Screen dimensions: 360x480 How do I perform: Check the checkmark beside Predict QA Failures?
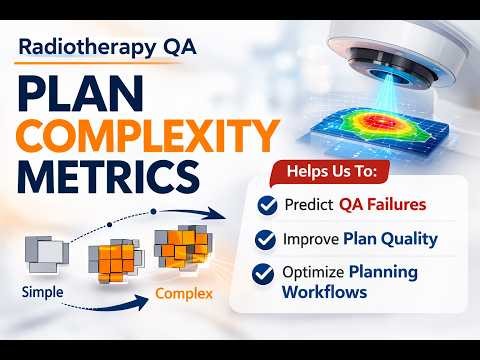pyautogui.click(x=267, y=205)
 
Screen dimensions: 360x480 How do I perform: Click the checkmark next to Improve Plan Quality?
pyautogui.click(x=267, y=239)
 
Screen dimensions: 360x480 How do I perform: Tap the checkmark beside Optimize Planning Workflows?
pyautogui.click(x=267, y=272)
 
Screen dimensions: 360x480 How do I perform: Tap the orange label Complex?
pyautogui.click(x=183, y=294)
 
